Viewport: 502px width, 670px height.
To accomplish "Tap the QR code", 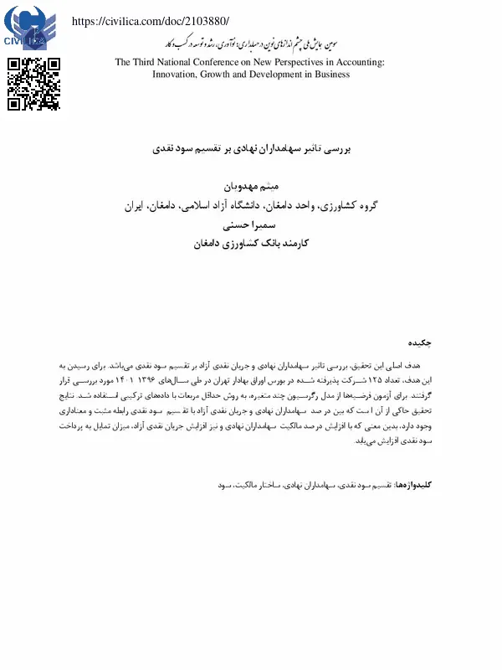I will pos(33,84).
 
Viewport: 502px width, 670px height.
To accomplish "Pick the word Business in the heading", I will pos(330,74).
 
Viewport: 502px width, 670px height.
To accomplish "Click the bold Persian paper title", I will pos(251,146).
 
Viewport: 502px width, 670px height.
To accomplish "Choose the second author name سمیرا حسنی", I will pos(251,225).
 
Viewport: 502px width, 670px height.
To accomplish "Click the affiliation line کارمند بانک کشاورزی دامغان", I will pos(251,244).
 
